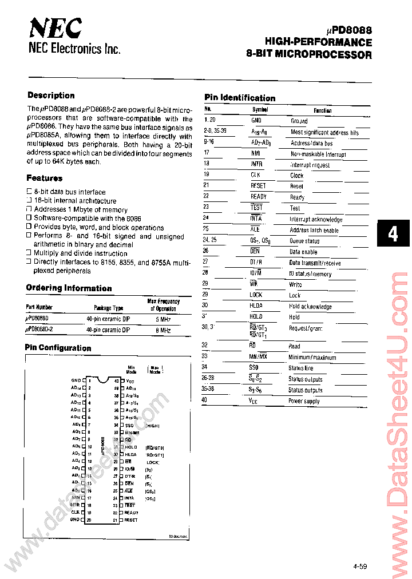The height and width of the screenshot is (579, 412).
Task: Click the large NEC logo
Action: pos(55,27)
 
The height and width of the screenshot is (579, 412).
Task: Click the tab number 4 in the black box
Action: pos(393,234)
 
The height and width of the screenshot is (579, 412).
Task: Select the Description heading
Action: pos(51,96)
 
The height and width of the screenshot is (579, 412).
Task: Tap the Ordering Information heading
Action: pos(69,288)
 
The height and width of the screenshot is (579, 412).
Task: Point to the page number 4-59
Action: pos(359,566)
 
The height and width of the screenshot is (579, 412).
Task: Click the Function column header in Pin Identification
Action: pos(322,110)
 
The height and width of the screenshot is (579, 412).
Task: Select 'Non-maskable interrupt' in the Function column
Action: pos(318,154)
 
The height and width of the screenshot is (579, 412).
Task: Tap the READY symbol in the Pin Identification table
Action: pos(258,197)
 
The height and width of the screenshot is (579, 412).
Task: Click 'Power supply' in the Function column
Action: pos(303,401)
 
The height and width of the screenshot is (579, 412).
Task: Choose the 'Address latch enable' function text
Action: pos(314,230)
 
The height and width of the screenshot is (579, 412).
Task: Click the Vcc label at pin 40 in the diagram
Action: pos(130,380)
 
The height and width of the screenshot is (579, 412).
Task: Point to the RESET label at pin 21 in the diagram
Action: pos(131,520)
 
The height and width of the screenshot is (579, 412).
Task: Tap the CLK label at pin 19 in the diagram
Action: pos(76,513)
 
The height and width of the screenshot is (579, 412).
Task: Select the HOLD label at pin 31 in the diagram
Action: pos(131,446)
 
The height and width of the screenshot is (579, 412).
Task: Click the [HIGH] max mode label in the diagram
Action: pos(152,425)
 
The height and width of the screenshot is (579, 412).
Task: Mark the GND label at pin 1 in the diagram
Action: pos(76,380)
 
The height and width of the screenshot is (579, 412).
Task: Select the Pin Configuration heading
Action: pos(58,348)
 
